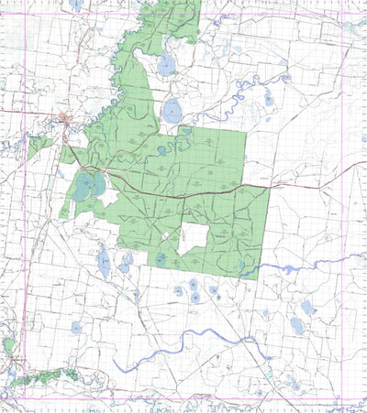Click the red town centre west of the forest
(x=63, y=118)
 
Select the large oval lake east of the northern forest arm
(x=172, y=113)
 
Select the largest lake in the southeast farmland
(x=297, y=325)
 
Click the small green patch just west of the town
(x=39, y=145)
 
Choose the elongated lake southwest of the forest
(x=104, y=263)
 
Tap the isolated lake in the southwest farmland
(x=76, y=327)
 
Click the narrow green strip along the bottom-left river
(x=46, y=376)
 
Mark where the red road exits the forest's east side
(x=268, y=189)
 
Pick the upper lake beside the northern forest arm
(x=166, y=65)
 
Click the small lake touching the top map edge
(x=75, y=4)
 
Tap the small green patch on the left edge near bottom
(x=8, y=346)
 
